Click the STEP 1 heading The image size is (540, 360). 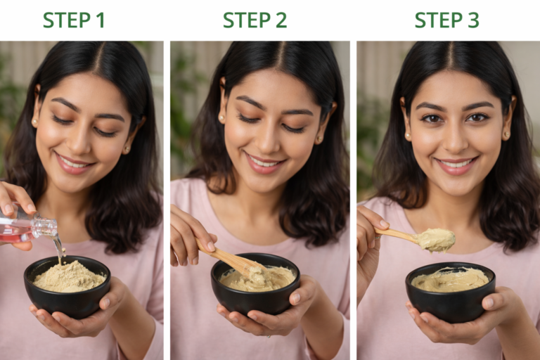point(74,20)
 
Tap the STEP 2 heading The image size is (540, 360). point(255,20)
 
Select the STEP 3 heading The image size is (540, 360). point(446,20)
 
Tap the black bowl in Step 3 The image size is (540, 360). point(450,302)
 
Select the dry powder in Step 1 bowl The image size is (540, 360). point(68,277)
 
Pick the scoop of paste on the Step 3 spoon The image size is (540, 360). point(436,240)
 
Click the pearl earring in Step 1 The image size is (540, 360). point(34,122)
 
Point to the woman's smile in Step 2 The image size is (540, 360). point(264,162)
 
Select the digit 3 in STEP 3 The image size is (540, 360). point(472,20)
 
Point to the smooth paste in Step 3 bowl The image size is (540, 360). point(450,280)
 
